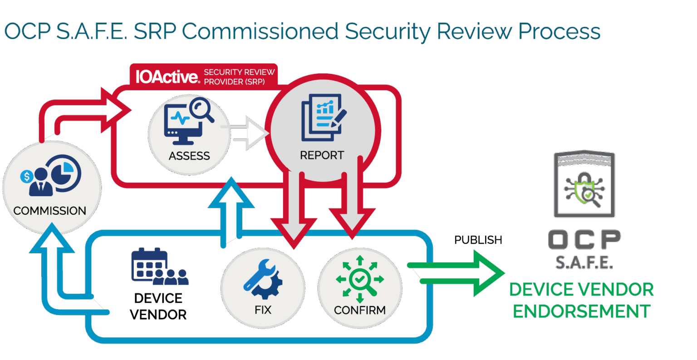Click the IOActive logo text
pyautogui.click(x=167, y=76)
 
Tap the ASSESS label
pyautogui.click(x=189, y=156)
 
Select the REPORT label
pyautogui.click(x=322, y=155)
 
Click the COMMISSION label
pyautogui.click(x=50, y=211)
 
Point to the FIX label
pyautogui.click(x=263, y=310)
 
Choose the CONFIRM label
pyautogui.click(x=360, y=310)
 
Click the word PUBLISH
pyautogui.click(x=478, y=240)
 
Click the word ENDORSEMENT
pyautogui.click(x=582, y=311)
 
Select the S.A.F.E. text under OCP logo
pyautogui.click(x=584, y=263)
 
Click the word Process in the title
pyautogui.click(x=559, y=32)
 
